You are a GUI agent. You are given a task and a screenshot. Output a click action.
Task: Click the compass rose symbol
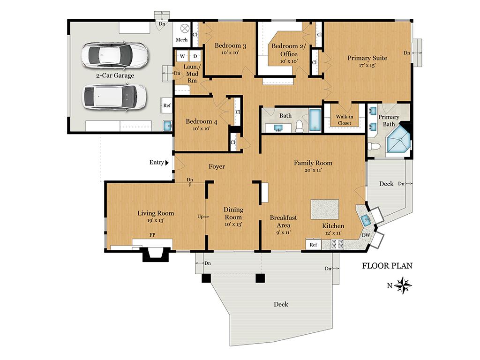[403, 285]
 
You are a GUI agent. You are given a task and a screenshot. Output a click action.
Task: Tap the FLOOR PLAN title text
[387, 266]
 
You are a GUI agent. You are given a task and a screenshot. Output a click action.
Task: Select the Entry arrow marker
[167, 163]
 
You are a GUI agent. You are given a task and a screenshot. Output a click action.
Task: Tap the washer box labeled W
[182, 56]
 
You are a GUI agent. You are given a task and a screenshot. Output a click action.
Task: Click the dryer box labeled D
[195, 56]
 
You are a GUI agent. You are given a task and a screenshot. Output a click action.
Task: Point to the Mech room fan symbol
[185, 29]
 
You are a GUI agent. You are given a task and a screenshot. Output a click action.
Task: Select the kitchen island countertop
[325, 209]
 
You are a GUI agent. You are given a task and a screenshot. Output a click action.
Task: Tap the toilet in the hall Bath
[300, 127]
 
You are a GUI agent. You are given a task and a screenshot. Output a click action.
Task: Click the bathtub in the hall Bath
[314, 120]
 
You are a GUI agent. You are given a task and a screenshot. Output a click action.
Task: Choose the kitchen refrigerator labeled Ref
[313, 245]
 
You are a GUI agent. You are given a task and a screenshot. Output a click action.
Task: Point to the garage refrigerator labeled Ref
[166, 105]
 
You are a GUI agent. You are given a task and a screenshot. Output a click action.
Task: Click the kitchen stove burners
[337, 244]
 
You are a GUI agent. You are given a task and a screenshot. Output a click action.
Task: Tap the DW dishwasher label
[366, 235]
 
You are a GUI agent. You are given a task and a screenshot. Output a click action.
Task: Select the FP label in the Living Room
[152, 235]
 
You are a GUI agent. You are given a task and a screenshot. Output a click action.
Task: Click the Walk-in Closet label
[345, 120]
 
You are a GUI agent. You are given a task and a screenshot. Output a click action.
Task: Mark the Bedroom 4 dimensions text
[202, 128]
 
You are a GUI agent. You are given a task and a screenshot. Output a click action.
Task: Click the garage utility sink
[167, 126]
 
